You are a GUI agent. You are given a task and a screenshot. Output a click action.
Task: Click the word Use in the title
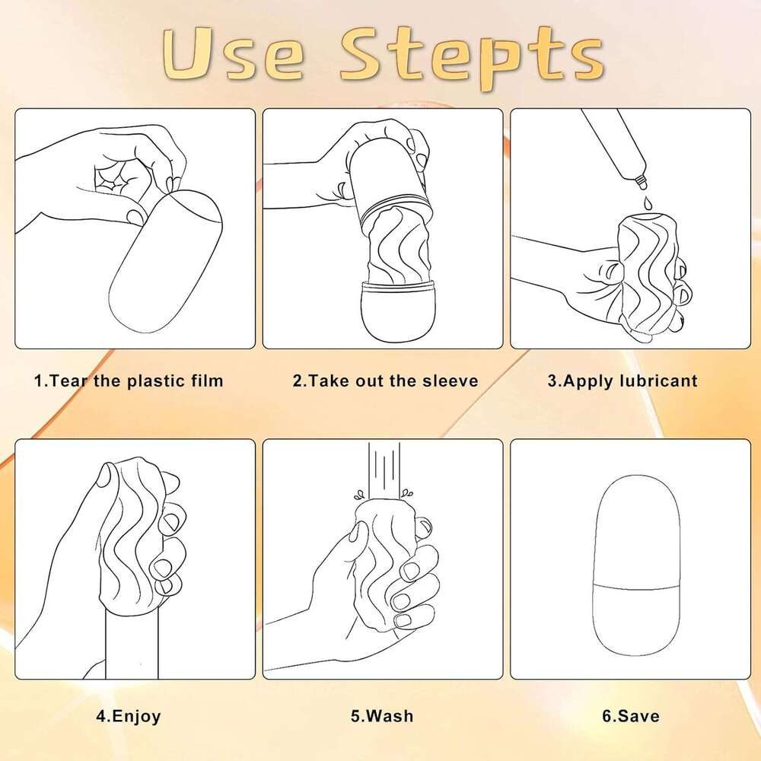click(232, 54)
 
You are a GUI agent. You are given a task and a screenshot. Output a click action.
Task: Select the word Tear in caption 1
click(69, 380)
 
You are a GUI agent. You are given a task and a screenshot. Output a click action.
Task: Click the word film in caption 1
click(207, 380)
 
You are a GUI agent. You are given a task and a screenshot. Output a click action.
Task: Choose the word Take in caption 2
click(330, 380)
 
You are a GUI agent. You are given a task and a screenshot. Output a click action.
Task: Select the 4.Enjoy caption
click(128, 716)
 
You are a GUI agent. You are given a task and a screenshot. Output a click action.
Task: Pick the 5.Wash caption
click(382, 716)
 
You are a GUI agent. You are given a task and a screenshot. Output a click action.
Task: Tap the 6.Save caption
click(630, 716)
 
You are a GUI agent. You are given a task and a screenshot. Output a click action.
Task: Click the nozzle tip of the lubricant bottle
click(642, 183)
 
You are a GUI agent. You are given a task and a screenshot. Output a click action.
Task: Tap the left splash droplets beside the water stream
click(359, 495)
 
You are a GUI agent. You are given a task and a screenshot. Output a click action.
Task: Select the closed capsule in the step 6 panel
click(636, 565)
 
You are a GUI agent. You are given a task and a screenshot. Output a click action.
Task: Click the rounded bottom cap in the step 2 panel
click(392, 311)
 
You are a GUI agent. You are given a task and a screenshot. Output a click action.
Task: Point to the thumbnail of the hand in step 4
click(103, 475)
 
